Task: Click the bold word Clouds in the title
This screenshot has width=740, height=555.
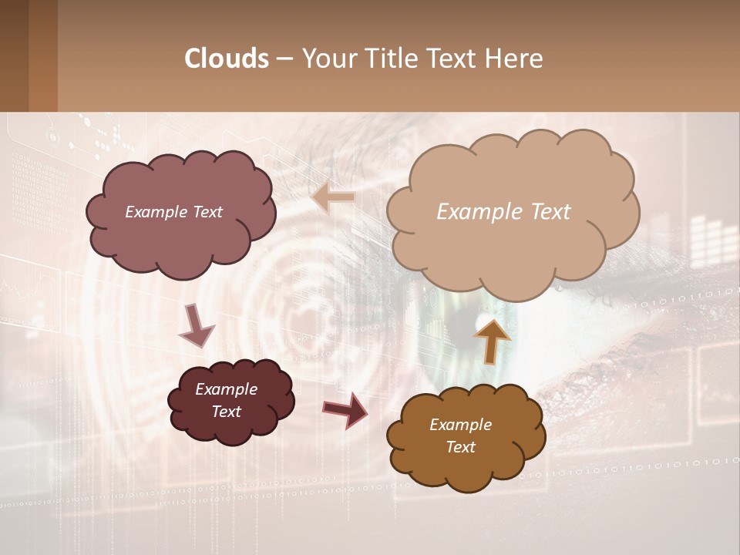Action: (227, 59)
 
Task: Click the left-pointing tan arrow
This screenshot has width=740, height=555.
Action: (333, 198)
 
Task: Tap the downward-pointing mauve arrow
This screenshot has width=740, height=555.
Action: (196, 325)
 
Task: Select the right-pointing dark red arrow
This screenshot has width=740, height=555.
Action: (345, 409)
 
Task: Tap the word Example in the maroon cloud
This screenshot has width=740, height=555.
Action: (227, 389)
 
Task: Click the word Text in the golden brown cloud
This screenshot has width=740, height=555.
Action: (461, 447)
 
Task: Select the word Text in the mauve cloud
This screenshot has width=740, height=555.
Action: (207, 212)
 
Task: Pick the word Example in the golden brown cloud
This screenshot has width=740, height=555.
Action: (461, 425)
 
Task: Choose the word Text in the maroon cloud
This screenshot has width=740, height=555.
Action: (227, 412)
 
